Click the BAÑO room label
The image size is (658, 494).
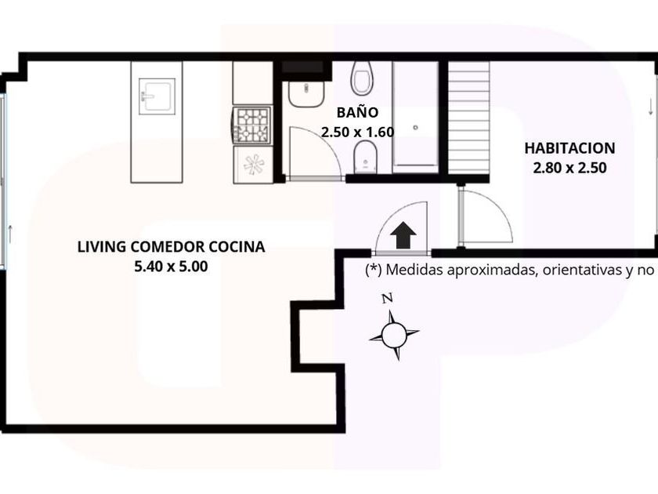(x=357, y=112)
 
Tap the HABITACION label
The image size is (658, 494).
(x=570, y=148)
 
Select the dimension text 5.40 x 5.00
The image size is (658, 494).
(x=171, y=267)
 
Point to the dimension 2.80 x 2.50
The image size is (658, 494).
(x=570, y=168)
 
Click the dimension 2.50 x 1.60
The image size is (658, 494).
(x=357, y=132)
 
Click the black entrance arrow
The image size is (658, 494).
(x=403, y=235)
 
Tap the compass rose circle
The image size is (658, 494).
(x=394, y=336)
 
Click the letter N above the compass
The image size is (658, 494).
(x=387, y=299)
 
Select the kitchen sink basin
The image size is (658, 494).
(x=157, y=96)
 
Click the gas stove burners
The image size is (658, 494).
(x=252, y=125)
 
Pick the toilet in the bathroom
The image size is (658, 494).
(x=361, y=78)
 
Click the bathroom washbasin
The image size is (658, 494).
(x=306, y=93)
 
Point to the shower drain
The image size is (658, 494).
(x=415, y=127)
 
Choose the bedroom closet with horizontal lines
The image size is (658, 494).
(x=468, y=117)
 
